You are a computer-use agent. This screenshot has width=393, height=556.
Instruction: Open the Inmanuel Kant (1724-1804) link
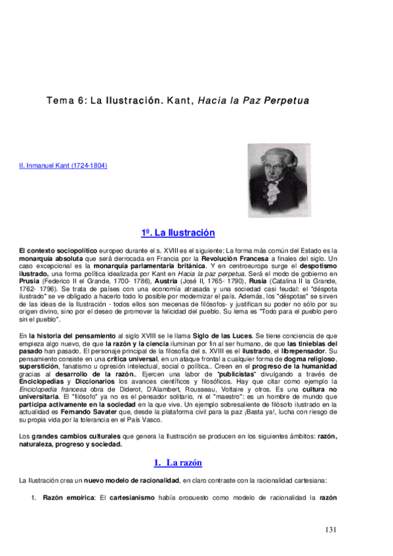pyautogui.click(x=64, y=166)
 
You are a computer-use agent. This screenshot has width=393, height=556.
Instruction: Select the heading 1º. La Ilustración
pyautogui.click(x=178, y=233)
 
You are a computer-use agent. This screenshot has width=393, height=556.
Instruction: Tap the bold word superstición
pyautogui.click(x=39, y=366)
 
